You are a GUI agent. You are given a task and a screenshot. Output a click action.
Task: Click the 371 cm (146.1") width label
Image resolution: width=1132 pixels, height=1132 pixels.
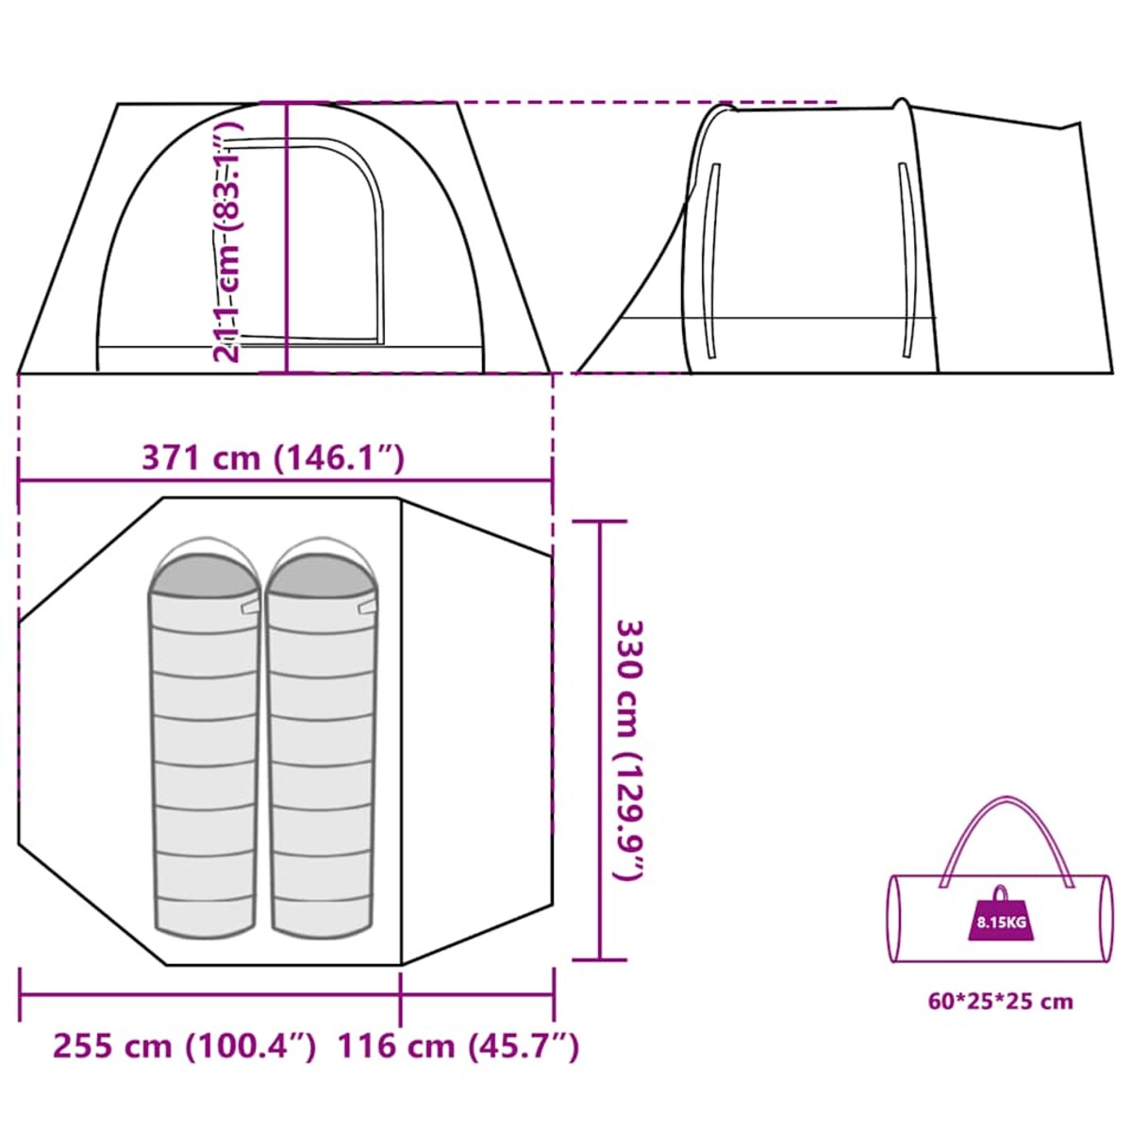tap(274, 458)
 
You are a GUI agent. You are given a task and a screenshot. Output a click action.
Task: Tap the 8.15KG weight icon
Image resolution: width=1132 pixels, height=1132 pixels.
tap(1001, 921)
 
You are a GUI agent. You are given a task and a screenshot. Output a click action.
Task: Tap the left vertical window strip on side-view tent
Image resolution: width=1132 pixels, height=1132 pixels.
tap(713, 260)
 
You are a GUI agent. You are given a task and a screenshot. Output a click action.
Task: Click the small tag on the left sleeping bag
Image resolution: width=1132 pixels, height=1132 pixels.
tap(251, 607)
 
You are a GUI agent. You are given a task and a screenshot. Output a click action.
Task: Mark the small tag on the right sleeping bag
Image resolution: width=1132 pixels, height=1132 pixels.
tap(368, 607)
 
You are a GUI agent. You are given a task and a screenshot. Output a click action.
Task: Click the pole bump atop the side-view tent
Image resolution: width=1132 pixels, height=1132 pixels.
tap(901, 104)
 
